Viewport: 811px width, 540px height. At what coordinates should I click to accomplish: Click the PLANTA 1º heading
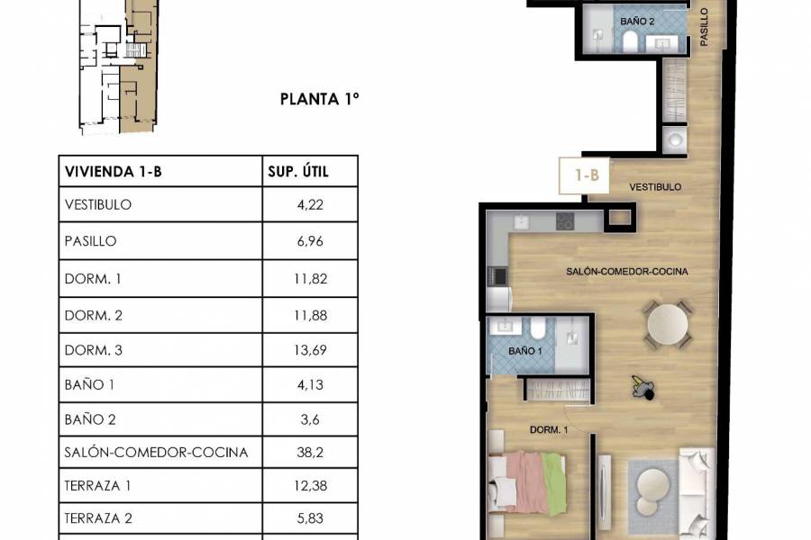coord(320,100)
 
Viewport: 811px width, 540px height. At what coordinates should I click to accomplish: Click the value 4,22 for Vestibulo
coord(309,205)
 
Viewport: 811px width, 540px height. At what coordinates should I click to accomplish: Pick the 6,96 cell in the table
coord(309,242)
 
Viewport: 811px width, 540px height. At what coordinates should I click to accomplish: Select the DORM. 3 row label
coord(94,348)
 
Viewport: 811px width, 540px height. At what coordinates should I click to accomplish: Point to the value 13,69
coord(309,348)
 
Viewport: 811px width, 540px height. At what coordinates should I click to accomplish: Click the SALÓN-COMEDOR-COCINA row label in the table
coord(156,452)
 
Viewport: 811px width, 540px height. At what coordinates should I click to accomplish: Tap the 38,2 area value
coord(309,452)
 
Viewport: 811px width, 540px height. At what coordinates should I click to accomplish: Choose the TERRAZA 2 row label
coord(99,519)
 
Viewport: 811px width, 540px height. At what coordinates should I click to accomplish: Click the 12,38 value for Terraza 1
coord(309,486)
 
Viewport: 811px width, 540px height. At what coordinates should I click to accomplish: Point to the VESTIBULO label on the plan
coord(654,187)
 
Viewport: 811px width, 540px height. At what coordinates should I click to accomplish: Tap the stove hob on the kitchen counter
coord(566,220)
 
